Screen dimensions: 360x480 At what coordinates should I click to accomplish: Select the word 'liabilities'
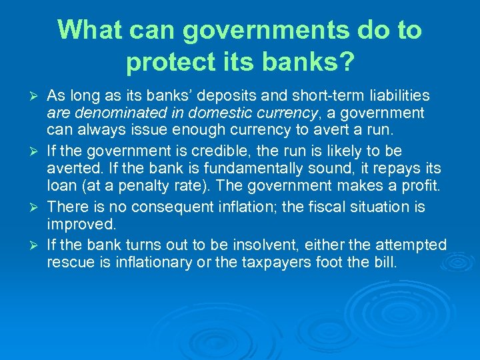pyautogui.click(x=396, y=96)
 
